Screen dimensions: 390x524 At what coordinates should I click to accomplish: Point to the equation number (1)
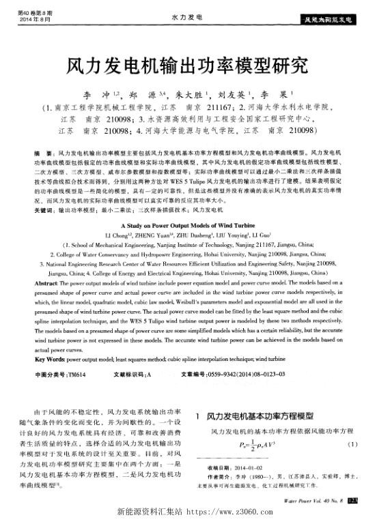(x=352, y=444)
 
